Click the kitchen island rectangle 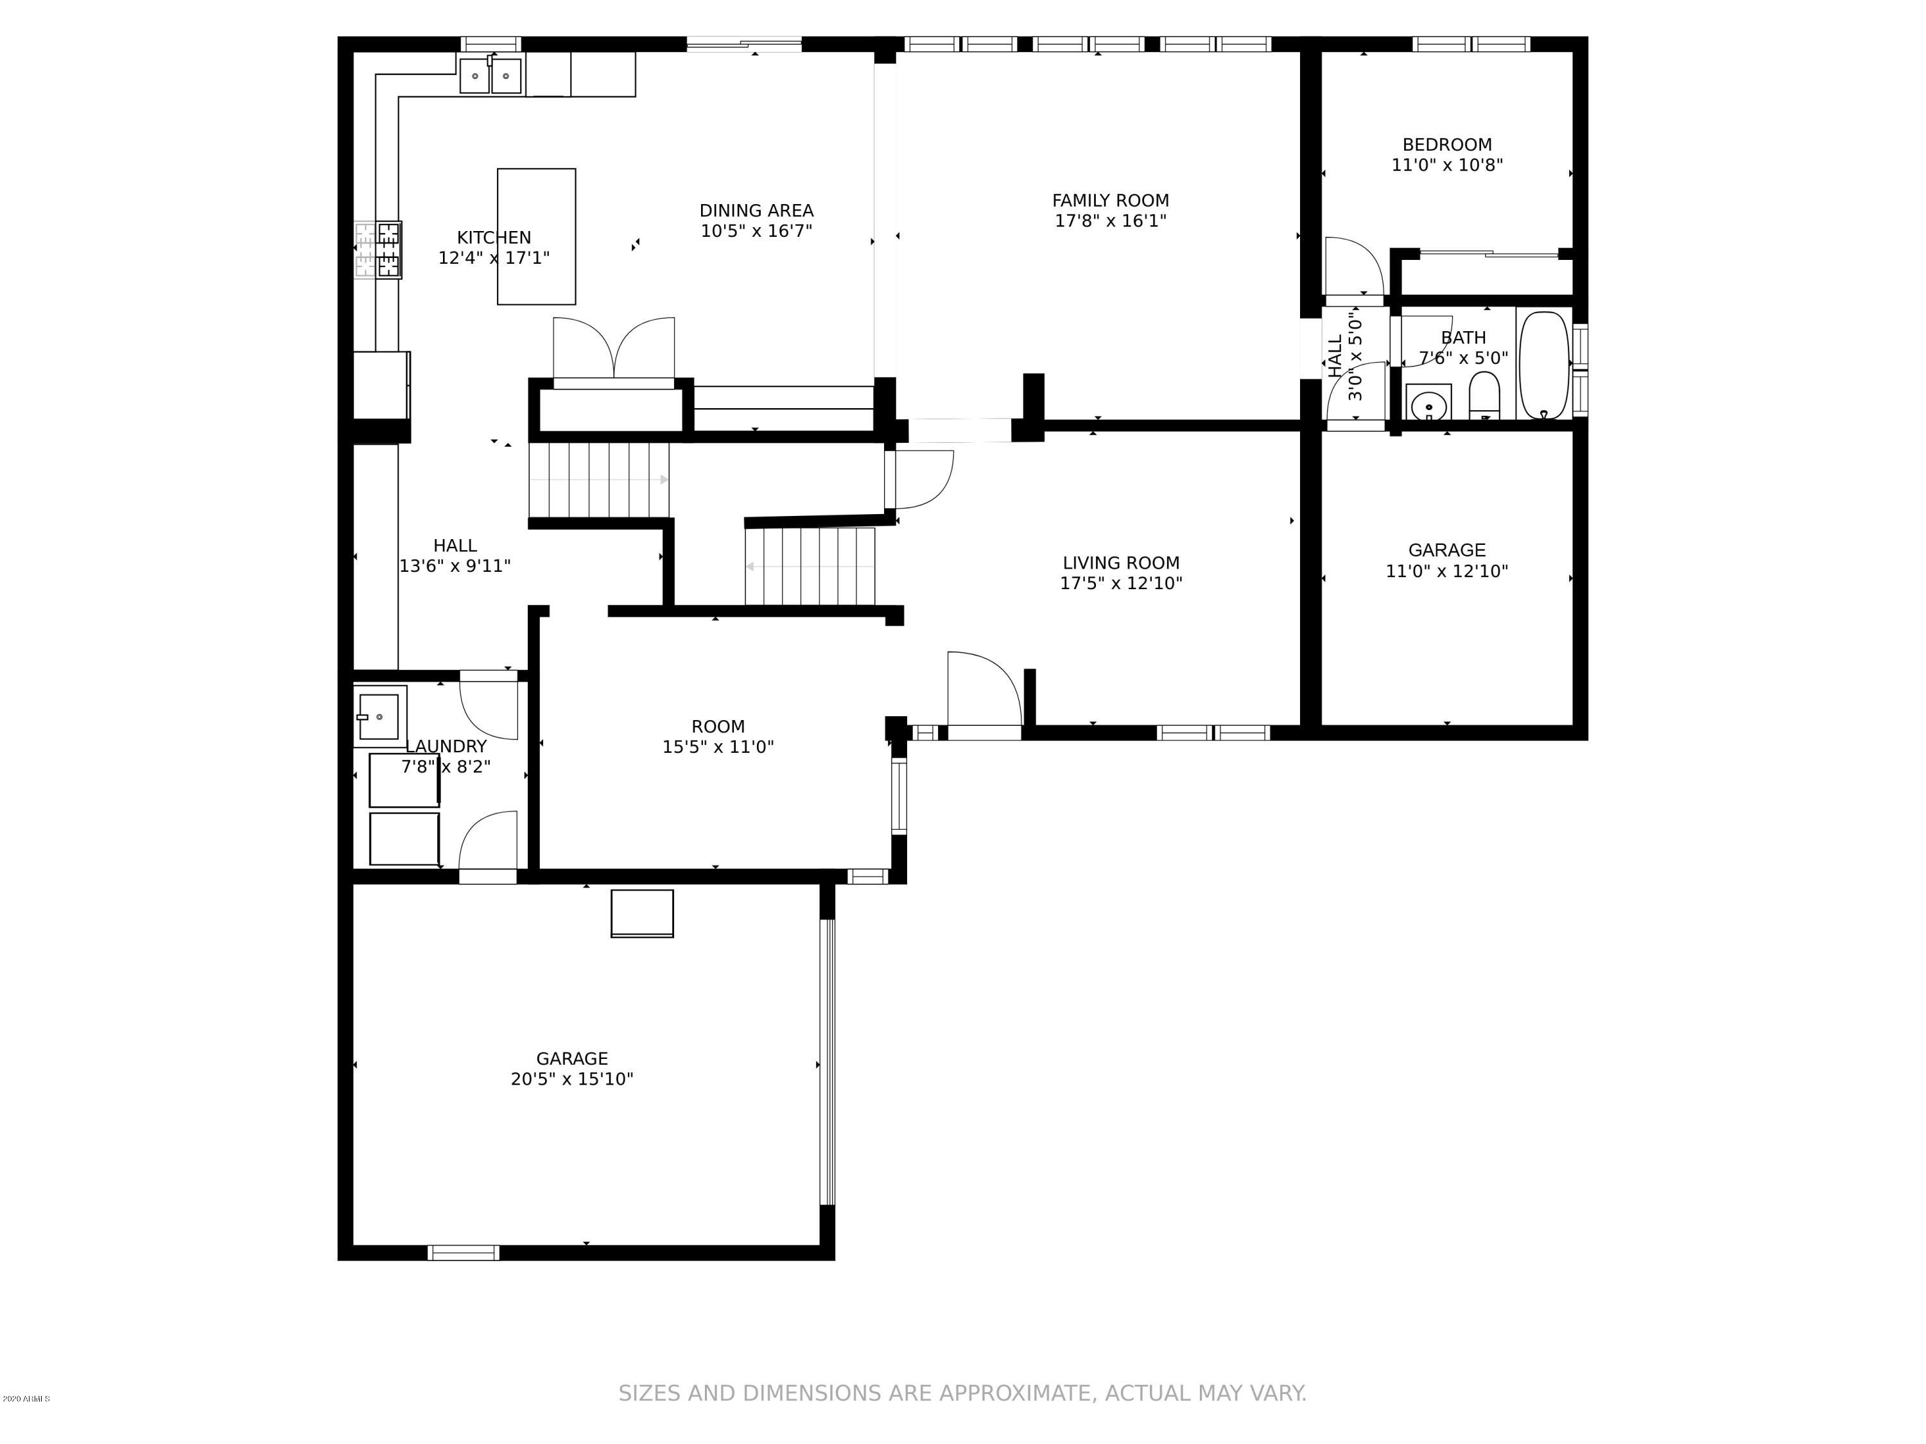pos(536,237)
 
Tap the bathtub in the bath pos(1544,365)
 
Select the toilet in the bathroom pos(1484,396)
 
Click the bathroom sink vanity pos(1428,402)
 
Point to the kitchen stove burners pos(378,250)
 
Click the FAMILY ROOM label pos(1110,200)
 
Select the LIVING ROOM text pos(1120,562)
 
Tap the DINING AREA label pos(756,211)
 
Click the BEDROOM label pos(1446,144)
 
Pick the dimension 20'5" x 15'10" pos(571,1078)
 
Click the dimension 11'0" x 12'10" pos(1446,571)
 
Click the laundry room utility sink pos(379,716)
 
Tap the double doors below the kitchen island pos(614,348)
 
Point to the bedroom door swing pos(1354,266)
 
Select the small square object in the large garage pos(642,913)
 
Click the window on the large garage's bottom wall pos(464,1253)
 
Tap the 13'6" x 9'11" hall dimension pos(455,566)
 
